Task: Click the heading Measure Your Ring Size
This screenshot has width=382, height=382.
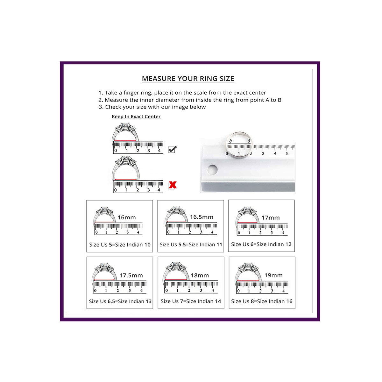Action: pos(188,79)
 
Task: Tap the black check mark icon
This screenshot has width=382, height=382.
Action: pos(172,149)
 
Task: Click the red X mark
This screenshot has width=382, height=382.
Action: pos(173,185)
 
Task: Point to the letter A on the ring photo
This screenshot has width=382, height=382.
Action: pos(230,141)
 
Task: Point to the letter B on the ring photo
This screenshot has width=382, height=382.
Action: pos(249,141)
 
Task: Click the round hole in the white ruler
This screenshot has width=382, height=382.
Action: pos(212,170)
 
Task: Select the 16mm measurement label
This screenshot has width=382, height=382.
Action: pos(127,217)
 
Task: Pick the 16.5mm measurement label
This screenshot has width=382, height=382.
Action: pos(202,217)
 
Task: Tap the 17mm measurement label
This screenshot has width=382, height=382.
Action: pos(271,218)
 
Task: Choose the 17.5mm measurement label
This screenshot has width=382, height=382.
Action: pos(131,275)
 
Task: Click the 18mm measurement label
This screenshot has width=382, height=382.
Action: pos(200,275)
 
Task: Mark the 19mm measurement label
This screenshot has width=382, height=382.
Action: pos(273,275)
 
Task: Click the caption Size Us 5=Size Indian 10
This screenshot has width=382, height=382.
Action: pos(120,244)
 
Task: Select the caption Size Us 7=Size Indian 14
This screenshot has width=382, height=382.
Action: pos(191,301)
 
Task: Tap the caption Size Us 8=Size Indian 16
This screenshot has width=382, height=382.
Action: pos(262,301)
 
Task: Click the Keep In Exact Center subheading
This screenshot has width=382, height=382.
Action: pos(136,117)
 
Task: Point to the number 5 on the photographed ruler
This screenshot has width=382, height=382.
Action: pos(287,153)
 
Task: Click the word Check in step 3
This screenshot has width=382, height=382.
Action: pos(112,107)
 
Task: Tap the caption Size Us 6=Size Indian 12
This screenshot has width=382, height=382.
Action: pos(261,244)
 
